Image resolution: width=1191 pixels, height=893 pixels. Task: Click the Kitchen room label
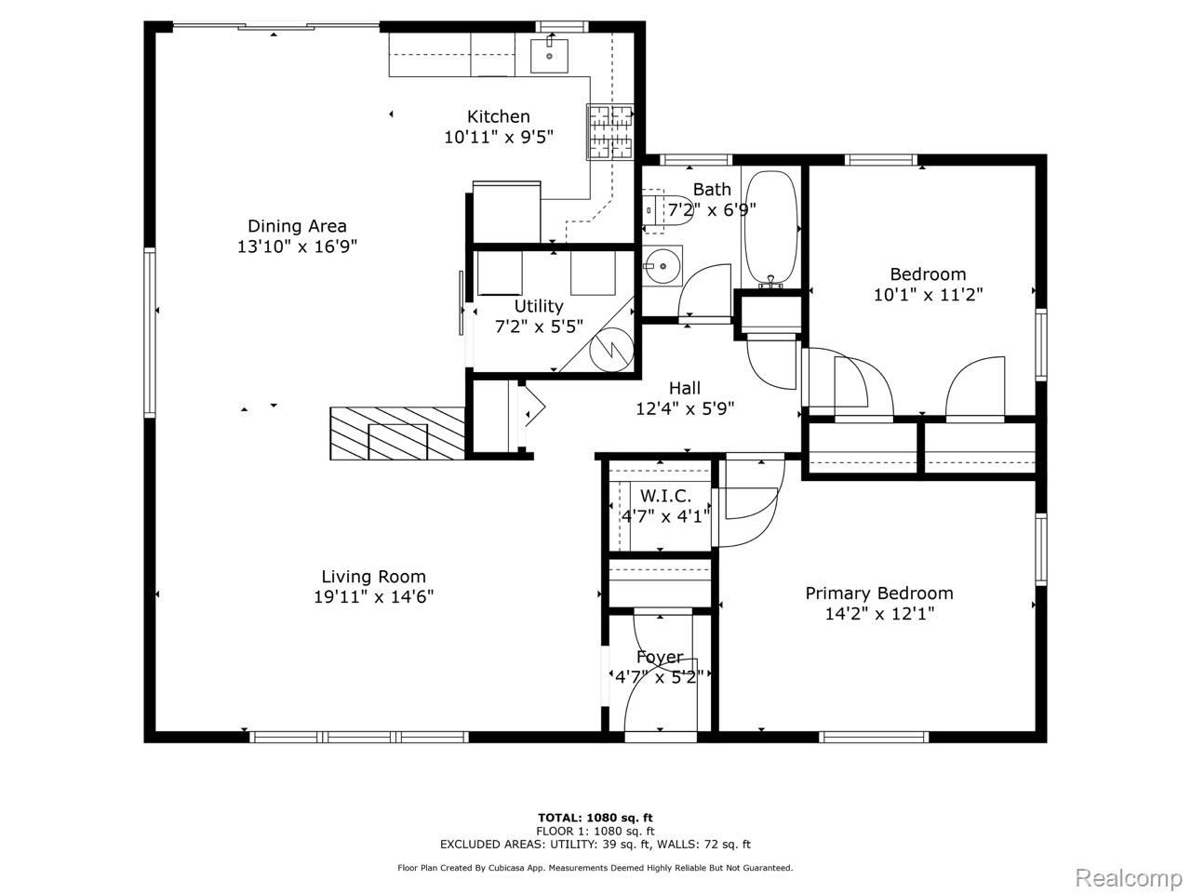(498, 116)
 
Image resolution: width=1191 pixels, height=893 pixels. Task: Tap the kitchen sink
(549, 55)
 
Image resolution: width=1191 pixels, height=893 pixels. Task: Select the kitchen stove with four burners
(610, 132)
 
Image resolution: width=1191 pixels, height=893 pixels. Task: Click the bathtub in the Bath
(771, 228)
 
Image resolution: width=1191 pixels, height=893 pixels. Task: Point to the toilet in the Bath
(668, 210)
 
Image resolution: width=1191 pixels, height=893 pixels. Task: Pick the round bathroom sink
(662, 266)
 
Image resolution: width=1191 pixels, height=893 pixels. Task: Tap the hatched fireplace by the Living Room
(397, 433)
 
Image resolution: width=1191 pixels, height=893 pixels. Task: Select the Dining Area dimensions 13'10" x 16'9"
(298, 247)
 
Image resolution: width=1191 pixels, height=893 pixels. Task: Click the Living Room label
(373, 577)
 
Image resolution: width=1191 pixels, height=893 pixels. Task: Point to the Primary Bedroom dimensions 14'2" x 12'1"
(879, 614)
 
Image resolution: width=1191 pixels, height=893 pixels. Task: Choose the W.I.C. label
(665, 496)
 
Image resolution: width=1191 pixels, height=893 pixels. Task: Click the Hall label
(685, 388)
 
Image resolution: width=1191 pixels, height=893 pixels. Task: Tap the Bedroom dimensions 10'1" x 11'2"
(929, 295)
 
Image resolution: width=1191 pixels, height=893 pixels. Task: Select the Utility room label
(539, 306)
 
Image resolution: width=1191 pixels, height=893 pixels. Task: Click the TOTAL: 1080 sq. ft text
(595, 818)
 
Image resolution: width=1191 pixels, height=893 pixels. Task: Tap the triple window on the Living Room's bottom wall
(359, 737)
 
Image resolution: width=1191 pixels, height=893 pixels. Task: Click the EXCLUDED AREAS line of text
(595, 845)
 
